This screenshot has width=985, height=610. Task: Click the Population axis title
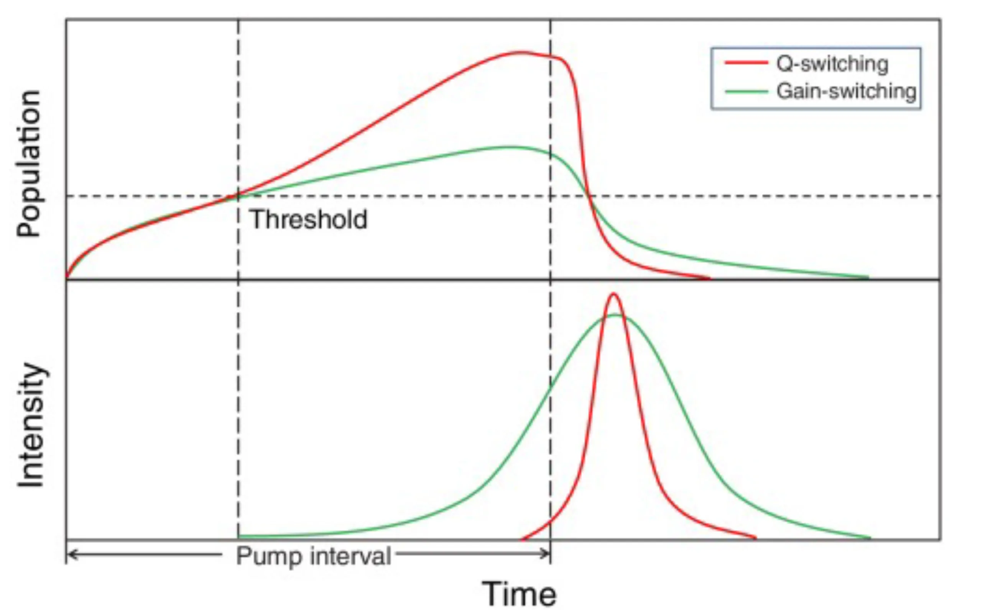click(x=29, y=164)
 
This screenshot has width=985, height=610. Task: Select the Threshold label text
click(x=309, y=219)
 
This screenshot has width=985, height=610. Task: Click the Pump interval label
click(x=313, y=556)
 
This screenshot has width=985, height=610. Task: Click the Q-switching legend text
click(x=832, y=64)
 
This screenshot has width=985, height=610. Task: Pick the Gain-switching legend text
click(x=846, y=91)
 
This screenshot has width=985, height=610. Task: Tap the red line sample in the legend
click(x=746, y=62)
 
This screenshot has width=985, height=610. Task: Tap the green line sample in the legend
click(x=746, y=92)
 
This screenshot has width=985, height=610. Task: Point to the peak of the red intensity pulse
click(x=613, y=294)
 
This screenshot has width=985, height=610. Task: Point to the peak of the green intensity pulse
click(x=616, y=315)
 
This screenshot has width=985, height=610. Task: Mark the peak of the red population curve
click(x=521, y=52)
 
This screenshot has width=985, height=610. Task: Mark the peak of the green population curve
click(x=511, y=147)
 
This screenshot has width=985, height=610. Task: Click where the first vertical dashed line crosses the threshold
click(x=238, y=196)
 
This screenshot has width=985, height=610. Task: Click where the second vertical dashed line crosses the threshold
click(x=550, y=196)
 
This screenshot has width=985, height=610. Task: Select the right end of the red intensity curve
click(x=755, y=537)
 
